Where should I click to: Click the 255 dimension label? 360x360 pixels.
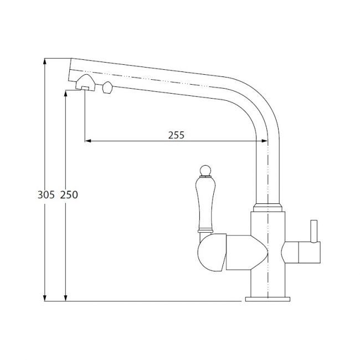[x=176, y=135]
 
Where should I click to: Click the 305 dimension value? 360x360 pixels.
[x=46, y=195]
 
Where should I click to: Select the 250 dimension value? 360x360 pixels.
[x=69, y=195]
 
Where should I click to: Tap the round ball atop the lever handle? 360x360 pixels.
[x=205, y=171]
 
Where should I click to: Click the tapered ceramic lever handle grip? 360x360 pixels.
[x=205, y=203]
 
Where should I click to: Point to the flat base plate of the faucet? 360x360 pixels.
[x=268, y=299]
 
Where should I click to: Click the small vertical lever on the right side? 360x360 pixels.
[x=314, y=231]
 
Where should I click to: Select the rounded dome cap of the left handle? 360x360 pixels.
[x=212, y=253]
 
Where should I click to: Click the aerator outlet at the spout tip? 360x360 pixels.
[x=85, y=83]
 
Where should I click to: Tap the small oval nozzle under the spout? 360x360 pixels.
[x=107, y=88]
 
